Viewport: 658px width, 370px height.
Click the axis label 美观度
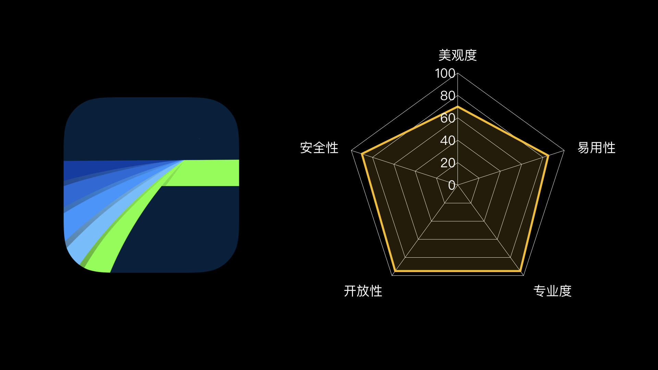[x=458, y=55]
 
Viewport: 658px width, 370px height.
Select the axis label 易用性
[x=596, y=148]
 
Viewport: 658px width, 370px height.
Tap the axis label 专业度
[x=552, y=291]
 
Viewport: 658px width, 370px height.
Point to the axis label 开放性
[x=363, y=291]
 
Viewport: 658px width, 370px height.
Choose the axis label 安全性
[x=319, y=148]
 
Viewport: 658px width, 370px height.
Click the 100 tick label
[x=445, y=73]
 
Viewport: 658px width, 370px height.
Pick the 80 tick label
[x=448, y=96]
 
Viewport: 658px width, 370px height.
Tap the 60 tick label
[x=448, y=118]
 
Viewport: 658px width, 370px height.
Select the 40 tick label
[x=448, y=140]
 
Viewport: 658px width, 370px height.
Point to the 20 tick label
[x=448, y=163]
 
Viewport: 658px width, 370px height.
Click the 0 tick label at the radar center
[x=452, y=185]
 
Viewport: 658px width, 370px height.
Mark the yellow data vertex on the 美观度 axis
[x=458, y=107]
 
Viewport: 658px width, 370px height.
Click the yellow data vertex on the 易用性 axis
[x=548, y=156]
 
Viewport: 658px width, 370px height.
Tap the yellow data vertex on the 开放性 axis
[x=395, y=271]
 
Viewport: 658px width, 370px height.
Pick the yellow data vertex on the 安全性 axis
[x=362, y=154]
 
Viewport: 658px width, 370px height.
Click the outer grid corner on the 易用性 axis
[x=564, y=150]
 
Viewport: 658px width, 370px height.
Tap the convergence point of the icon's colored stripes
[x=184, y=160]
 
